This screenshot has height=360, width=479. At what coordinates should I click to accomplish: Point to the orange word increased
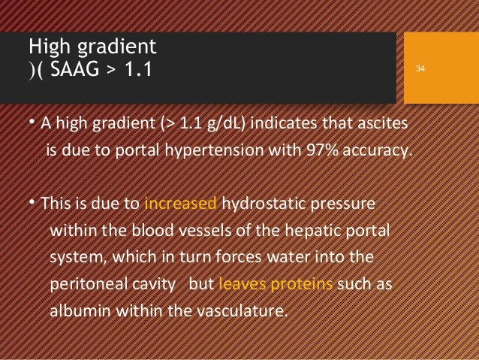(180, 204)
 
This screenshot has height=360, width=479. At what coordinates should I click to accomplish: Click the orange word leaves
(238, 286)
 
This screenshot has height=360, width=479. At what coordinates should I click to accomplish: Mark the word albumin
(77, 313)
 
